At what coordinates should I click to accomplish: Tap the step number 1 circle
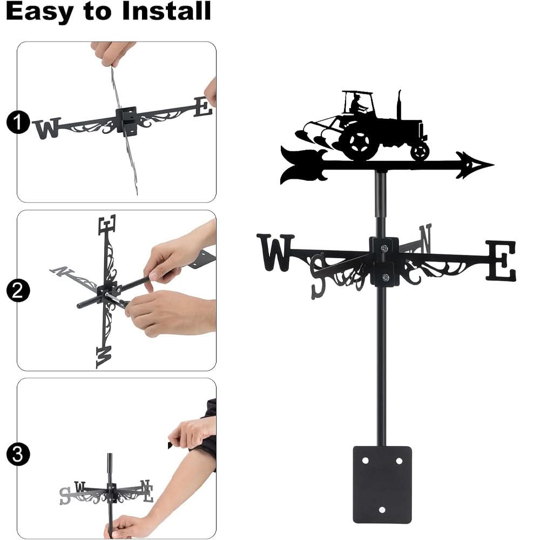tap(18, 123)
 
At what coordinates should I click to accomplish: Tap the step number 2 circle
tap(18, 292)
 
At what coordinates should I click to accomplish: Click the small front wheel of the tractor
tap(420, 152)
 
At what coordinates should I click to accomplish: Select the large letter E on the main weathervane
tap(501, 261)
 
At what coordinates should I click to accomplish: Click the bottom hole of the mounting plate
tap(382, 509)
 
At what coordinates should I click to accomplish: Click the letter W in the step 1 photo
tap(47, 128)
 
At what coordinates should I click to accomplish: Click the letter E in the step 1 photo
tap(202, 107)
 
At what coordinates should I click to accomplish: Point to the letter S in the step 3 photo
tap(65, 495)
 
